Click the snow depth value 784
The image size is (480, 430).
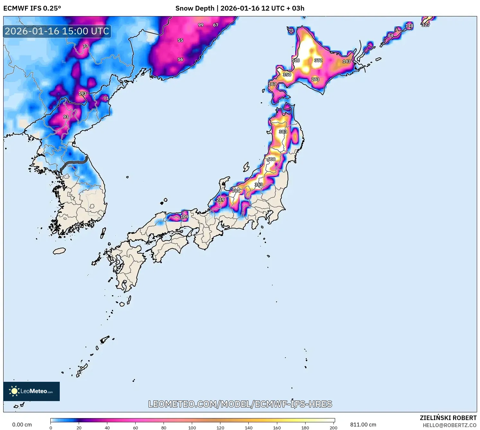236,191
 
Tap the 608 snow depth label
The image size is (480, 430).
271,159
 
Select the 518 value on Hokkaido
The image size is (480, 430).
296,60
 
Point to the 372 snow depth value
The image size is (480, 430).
318,60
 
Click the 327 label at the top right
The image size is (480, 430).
426,25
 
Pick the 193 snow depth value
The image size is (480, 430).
82,94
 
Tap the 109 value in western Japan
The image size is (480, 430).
184,217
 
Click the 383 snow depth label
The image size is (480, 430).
283,132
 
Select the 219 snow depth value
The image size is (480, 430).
220,200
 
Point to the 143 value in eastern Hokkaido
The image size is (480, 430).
346,61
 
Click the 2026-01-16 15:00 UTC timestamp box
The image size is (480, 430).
57,31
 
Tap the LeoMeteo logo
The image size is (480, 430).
31,391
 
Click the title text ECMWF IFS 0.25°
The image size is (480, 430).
32,8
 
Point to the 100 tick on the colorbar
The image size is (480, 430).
192,427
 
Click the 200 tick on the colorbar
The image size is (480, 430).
333,427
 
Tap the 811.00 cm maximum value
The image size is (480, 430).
363,425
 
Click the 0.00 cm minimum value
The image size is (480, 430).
22,425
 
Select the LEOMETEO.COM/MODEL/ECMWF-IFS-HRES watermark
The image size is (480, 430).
240,404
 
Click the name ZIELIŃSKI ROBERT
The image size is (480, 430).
448,418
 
